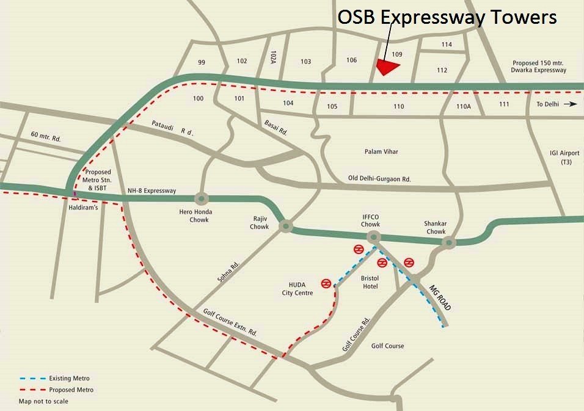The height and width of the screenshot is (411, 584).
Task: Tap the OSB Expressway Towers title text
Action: point(447,17)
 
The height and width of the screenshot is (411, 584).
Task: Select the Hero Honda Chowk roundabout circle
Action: point(201,199)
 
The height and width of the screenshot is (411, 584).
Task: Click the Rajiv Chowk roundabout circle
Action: point(285,227)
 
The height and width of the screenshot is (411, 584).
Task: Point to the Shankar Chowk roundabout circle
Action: point(449,243)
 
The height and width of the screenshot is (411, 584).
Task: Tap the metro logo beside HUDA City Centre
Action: point(327,284)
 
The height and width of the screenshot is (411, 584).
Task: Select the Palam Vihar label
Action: point(381,151)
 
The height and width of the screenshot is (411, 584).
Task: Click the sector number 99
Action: point(202,63)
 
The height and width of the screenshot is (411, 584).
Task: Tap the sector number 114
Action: point(447,45)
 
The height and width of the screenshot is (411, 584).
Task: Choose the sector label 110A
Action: point(464,106)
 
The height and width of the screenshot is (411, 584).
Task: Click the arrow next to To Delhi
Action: point(571,104)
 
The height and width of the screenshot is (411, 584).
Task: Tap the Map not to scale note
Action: point(43,401)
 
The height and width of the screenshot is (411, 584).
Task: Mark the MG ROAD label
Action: point(440,298)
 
